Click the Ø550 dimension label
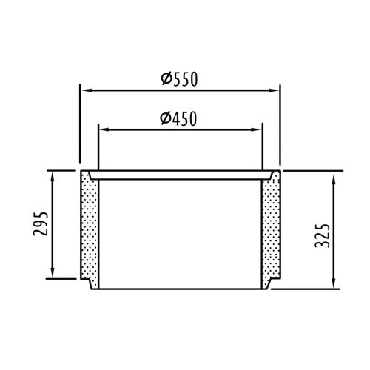coord(179,79)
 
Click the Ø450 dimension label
coord(178,118)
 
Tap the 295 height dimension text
coord(41,223)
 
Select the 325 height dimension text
coord(322,235)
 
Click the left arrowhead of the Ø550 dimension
coord(87,90)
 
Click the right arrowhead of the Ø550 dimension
coord(273,90)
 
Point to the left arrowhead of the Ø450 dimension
coord(104,129)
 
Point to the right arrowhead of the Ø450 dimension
coord(255,129)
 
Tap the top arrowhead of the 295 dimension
coord(53,177)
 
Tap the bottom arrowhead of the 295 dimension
coord(53,272)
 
